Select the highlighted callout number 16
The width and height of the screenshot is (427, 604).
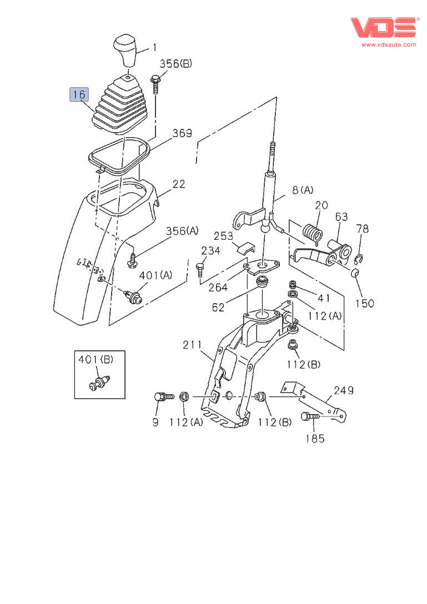(79, 94)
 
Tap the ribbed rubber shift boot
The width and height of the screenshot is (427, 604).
(121, 105)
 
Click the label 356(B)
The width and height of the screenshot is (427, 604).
(176, 64)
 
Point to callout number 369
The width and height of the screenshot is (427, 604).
(182, 133)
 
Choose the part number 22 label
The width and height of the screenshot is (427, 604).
(178, 184)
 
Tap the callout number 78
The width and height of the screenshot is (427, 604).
(362, 229)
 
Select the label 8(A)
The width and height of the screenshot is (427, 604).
(302, 190)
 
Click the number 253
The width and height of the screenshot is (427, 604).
(224, 236)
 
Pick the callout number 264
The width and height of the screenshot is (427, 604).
(218, 288)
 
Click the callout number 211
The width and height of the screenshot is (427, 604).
(193, 345)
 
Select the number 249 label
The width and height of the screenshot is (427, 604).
(343, 391)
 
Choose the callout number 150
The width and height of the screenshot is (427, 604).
(364, 303)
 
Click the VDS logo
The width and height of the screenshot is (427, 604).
(384, 27)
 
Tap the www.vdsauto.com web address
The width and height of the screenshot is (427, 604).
(389, 44)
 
